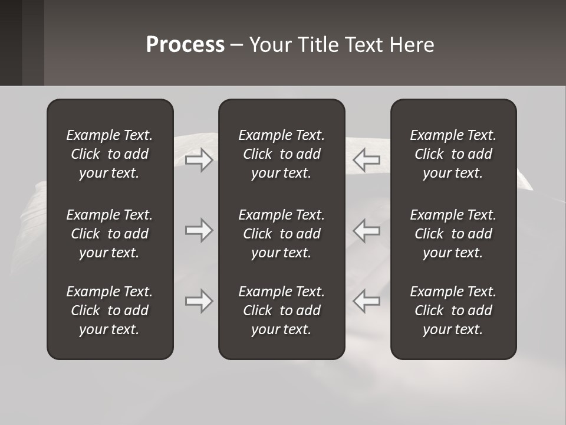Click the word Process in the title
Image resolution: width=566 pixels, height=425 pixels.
(x=185, y=45)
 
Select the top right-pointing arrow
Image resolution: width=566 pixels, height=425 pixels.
(x=199, y=160)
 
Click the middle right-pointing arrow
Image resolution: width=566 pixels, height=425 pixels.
(x=199, y=230)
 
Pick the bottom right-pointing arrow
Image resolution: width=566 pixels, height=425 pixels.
(x=199, y=301)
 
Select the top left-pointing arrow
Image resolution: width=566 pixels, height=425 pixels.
(x=366, y=160)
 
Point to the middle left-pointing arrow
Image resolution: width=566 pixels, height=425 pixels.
(x=366, y=230)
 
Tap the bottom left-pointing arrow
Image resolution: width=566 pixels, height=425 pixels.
(x=366, y=301)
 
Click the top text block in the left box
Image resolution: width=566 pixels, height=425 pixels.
(x=110, y=154)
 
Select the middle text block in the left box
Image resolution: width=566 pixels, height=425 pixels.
(x=110, y=234)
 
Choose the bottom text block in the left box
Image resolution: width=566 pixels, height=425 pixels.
(x=110, y=310)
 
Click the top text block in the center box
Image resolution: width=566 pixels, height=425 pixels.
(x=281, y=154)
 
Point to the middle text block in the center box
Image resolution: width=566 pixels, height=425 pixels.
(x=281, y=234)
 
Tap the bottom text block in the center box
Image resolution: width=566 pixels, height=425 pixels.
(x=281, y=310)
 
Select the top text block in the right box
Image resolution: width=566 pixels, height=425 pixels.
(x=453, y=154)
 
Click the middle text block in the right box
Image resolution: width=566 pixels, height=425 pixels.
(x=453, y=234)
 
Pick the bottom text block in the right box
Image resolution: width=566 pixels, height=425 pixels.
(x=453, y=310)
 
